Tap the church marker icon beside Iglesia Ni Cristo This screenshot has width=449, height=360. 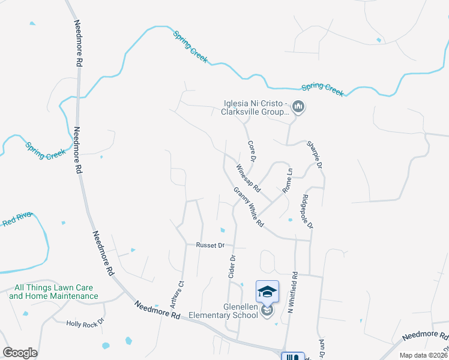click(299, 108)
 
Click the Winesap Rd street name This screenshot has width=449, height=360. click(248, 178)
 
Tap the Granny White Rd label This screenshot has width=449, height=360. click(249, 207)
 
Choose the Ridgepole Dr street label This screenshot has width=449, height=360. click(308, 211)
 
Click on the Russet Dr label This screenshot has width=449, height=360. click(210, 245)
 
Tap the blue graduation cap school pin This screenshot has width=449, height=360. click(267, 292)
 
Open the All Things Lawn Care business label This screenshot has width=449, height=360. click(53, 292)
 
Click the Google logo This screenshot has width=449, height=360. click(20, 353)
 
